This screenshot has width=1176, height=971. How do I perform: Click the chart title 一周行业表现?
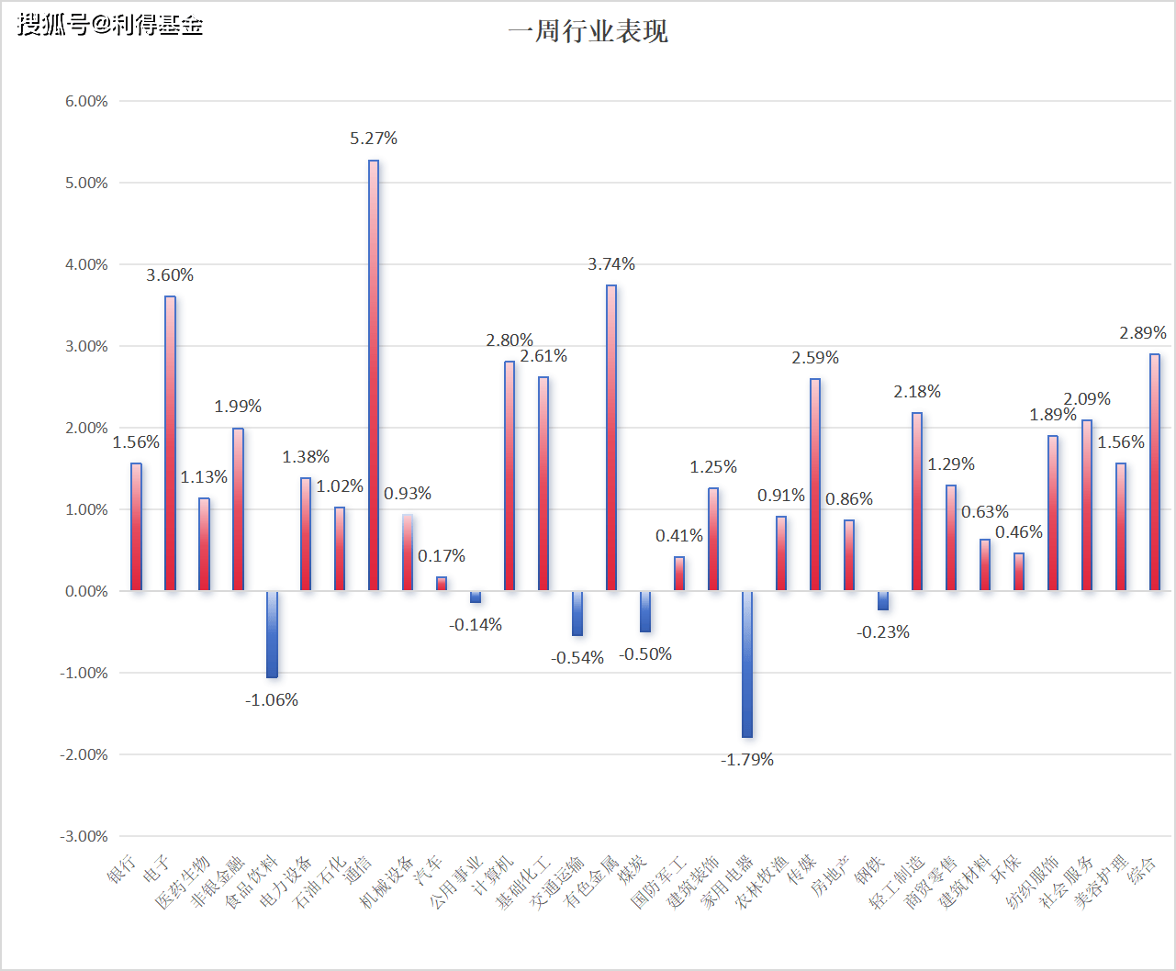588,31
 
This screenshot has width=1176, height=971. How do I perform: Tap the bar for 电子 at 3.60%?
170,442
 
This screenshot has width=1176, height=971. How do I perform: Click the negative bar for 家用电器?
747,664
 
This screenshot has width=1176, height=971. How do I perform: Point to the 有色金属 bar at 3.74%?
611,437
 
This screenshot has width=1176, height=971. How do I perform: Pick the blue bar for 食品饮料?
272,634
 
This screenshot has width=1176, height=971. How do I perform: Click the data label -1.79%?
747,760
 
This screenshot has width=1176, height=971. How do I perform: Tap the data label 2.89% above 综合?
1143,333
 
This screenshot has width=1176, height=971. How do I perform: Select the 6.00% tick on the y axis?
86,101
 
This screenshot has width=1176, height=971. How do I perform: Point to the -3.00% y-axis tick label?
84,836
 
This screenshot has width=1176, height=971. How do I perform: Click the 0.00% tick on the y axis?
86,591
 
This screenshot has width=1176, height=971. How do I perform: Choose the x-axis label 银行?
123,868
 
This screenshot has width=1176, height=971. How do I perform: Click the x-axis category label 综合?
1143,868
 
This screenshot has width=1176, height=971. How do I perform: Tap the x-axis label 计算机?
492,876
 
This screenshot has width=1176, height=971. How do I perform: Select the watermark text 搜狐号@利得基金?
110,25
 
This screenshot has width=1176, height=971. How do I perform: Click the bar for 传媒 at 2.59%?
815,484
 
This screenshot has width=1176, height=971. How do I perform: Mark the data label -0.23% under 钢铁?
883,632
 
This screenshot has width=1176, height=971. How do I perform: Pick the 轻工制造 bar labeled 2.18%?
917,501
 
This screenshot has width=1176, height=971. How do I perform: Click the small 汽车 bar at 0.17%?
442,584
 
